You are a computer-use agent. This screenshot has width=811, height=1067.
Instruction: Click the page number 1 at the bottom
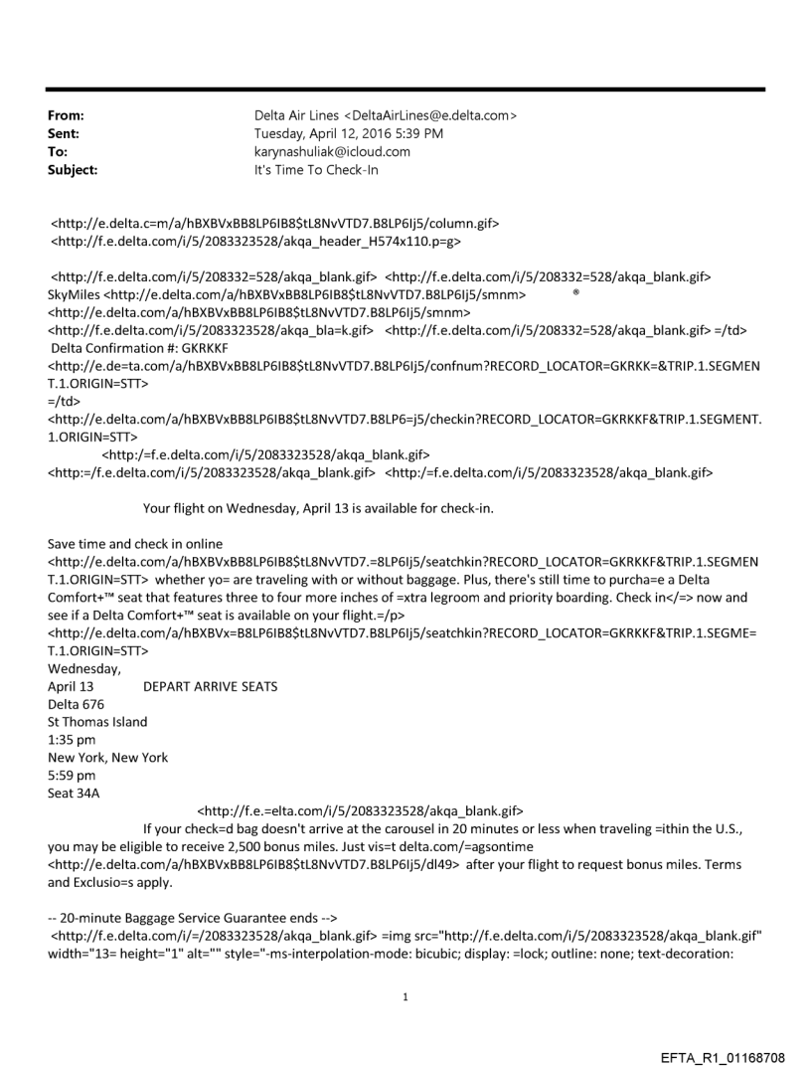coord(405,995)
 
